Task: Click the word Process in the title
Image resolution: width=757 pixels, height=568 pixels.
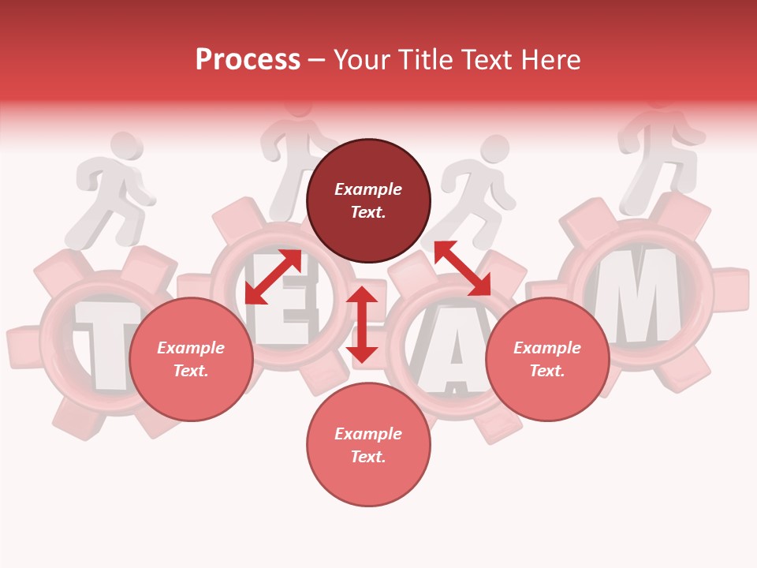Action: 248,60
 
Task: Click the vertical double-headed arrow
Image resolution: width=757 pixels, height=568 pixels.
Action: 362,324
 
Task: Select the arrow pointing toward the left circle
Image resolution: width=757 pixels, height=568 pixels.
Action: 273,277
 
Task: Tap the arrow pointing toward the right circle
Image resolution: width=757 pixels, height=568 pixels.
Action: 462,268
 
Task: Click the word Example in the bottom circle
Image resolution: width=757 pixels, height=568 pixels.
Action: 368,434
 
